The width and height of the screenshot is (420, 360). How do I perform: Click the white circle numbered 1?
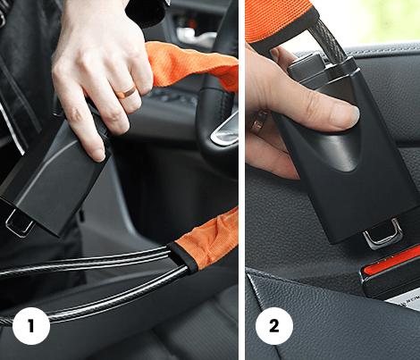tap(31, 326)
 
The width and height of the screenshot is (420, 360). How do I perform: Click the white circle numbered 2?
tap(274, 326)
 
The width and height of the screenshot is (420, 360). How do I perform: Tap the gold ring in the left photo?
tap(127, 91)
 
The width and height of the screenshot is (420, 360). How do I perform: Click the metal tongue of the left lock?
tap(20, 222)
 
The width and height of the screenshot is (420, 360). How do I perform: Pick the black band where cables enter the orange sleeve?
tap(182, 257)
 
